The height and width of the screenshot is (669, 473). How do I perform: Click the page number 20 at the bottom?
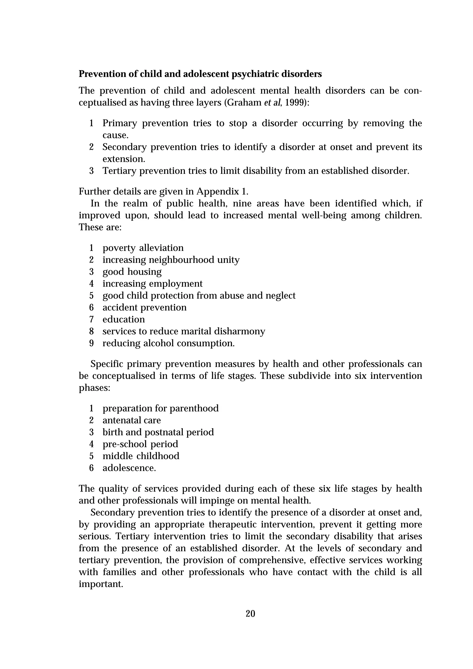pyautogui.click(x=250, y=614)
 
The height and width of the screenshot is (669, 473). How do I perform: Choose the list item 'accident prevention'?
pyautogui.click(x=144, y=307)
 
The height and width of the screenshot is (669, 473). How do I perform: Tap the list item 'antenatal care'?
pyautogui.click(x=131, y=420)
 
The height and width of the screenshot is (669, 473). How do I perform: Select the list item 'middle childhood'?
pyautogui.click(x=141, y=456)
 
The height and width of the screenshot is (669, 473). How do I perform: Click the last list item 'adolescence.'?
pyautogui.click(x=129, y=468)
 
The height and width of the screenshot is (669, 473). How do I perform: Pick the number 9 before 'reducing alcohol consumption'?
pyautogui.click(x=91, y=343)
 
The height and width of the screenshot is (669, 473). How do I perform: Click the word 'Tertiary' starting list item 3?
pyautogui.click(x=119, y=171)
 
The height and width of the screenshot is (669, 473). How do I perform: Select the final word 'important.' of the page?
pyautogui.click(x=101, y=584)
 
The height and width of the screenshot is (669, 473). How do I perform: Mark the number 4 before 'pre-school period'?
pyautogui.click(x=91, y=444)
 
